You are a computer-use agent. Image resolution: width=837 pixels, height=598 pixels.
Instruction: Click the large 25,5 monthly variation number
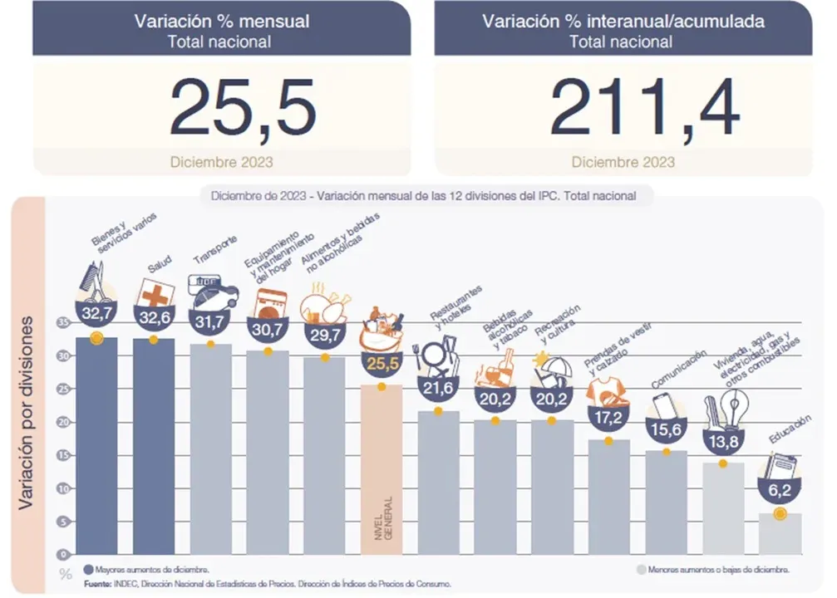pyautogui.click(x=243, y=108)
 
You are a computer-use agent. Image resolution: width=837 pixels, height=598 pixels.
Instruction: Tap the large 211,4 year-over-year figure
pyautogui.click(x=644, y=108)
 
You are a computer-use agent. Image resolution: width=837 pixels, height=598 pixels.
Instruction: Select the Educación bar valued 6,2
pyautogui.click(x=780, y=533)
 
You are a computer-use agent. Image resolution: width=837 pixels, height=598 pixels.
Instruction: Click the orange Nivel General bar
pyautogui.click(x=381, y=469)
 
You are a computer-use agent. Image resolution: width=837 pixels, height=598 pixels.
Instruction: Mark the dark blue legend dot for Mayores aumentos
pyautogui.click(x=88, y=570)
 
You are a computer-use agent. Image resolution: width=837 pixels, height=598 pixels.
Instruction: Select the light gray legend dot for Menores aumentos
pyautogui.click(x=640, y=570)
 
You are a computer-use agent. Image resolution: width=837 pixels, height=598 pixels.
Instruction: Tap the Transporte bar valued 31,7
pyautogui.click(x=211, y=448)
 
